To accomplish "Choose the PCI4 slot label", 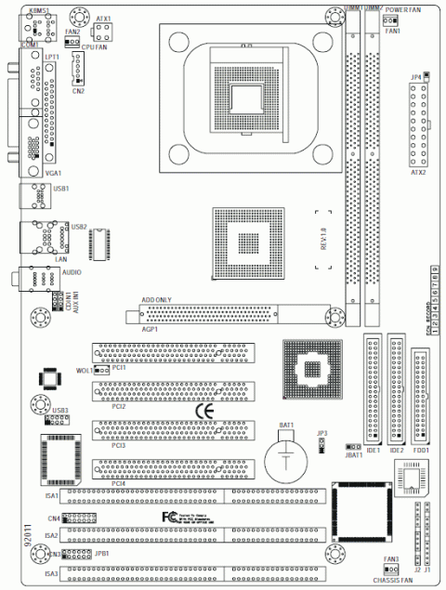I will click(119, 483).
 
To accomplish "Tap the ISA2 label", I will click(52, 536).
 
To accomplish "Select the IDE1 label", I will click(374, 450).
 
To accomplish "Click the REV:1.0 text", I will click(324, 240).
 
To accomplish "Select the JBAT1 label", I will click(353, 455).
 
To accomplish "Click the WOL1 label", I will click(85, 369).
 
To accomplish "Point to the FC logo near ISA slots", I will click(168, 516).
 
